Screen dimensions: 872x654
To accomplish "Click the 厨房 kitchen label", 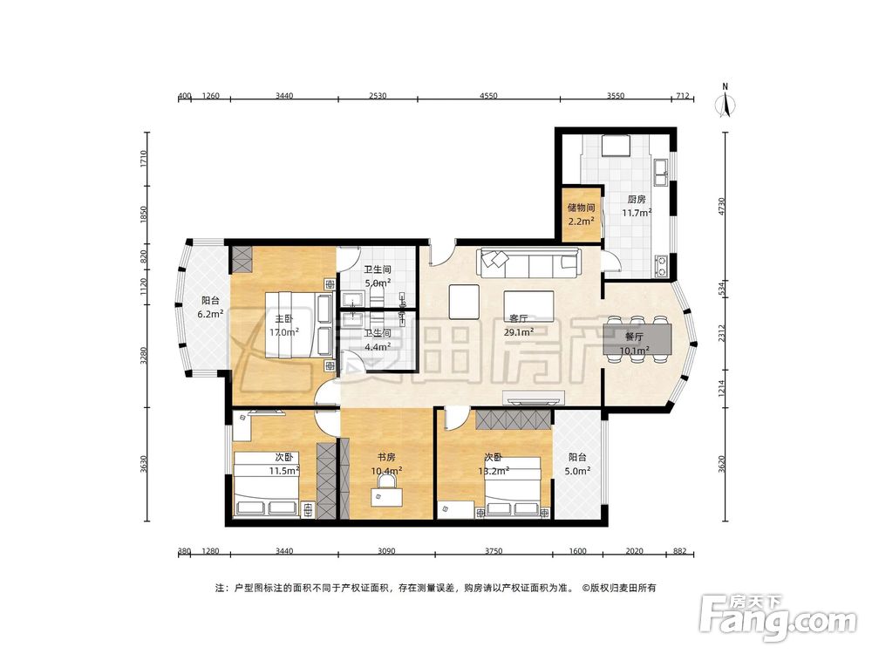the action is pos(637,199).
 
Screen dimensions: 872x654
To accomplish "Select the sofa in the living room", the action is pos(528,262).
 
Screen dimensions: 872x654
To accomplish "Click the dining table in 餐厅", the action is pos(637,339).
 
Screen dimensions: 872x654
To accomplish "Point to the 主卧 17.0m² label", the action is pos(284,325).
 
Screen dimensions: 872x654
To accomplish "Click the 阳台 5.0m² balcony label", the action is pos(577,464).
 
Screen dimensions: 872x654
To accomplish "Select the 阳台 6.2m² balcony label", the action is pos(210,307).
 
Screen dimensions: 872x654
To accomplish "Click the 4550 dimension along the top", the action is pos(488,96).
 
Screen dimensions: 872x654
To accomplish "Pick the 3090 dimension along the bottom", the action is pos(386,551).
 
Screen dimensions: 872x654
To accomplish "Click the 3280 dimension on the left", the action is pos(144,356).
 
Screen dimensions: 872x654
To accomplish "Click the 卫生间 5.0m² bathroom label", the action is pos(378,276).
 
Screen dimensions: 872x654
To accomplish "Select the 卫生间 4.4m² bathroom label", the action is pos(378,339).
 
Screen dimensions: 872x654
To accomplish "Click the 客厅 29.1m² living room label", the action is pos(519,325).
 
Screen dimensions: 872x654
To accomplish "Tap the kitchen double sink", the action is pos(662,172).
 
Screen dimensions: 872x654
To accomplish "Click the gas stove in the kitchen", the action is pos(662,266).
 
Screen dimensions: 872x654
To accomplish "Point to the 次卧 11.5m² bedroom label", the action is pos(284,464).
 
